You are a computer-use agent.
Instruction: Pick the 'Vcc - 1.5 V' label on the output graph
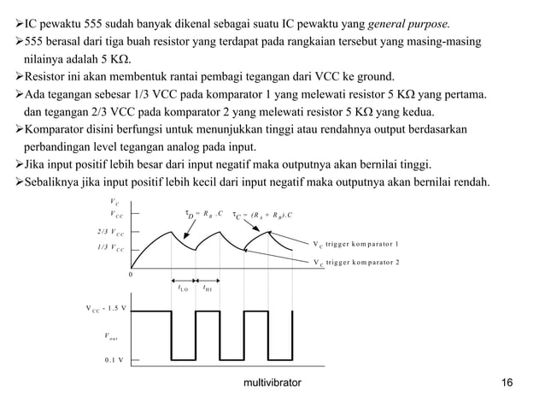[105, 307]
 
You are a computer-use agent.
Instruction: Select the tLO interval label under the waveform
[183, 288]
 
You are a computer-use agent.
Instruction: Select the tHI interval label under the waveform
[208, 288]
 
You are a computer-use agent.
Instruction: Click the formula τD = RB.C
[203, 213]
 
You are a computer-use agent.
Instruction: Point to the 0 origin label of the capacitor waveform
[131, 275]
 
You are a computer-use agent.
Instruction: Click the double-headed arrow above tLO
[184, 279]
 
